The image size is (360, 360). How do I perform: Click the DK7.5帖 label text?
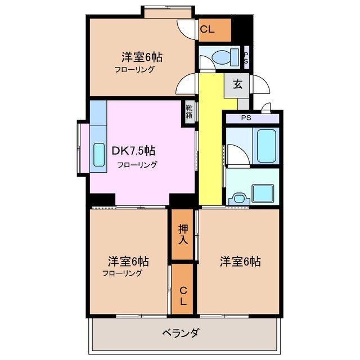coord(133,151)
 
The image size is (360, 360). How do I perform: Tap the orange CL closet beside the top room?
coord(215,30)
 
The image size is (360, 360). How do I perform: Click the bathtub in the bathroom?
coord(264,146)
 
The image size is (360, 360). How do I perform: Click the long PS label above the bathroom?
coord(246,118)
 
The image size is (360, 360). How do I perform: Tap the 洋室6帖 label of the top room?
coord(142,57)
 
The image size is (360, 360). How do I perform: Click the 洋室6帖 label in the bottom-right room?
coord(240,261)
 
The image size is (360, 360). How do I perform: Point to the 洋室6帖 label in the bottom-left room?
coord(128,261)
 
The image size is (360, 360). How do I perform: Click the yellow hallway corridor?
coord(210,141)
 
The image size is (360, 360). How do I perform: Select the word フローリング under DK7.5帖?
coord(137,165)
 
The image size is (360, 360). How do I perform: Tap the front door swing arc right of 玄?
coord(260,85)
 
